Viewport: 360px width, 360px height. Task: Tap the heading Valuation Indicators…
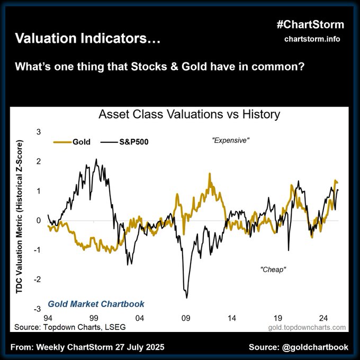[x=87, y=39]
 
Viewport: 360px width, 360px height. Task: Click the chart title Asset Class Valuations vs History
[x=189, y=114]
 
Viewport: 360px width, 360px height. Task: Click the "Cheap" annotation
[x=273, y=269]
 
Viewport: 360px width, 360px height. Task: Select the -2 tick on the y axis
[x=37, y=279]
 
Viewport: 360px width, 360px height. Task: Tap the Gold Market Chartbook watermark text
[x=96, y=304]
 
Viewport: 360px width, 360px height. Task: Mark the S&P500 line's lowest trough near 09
[x=186, y=298]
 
